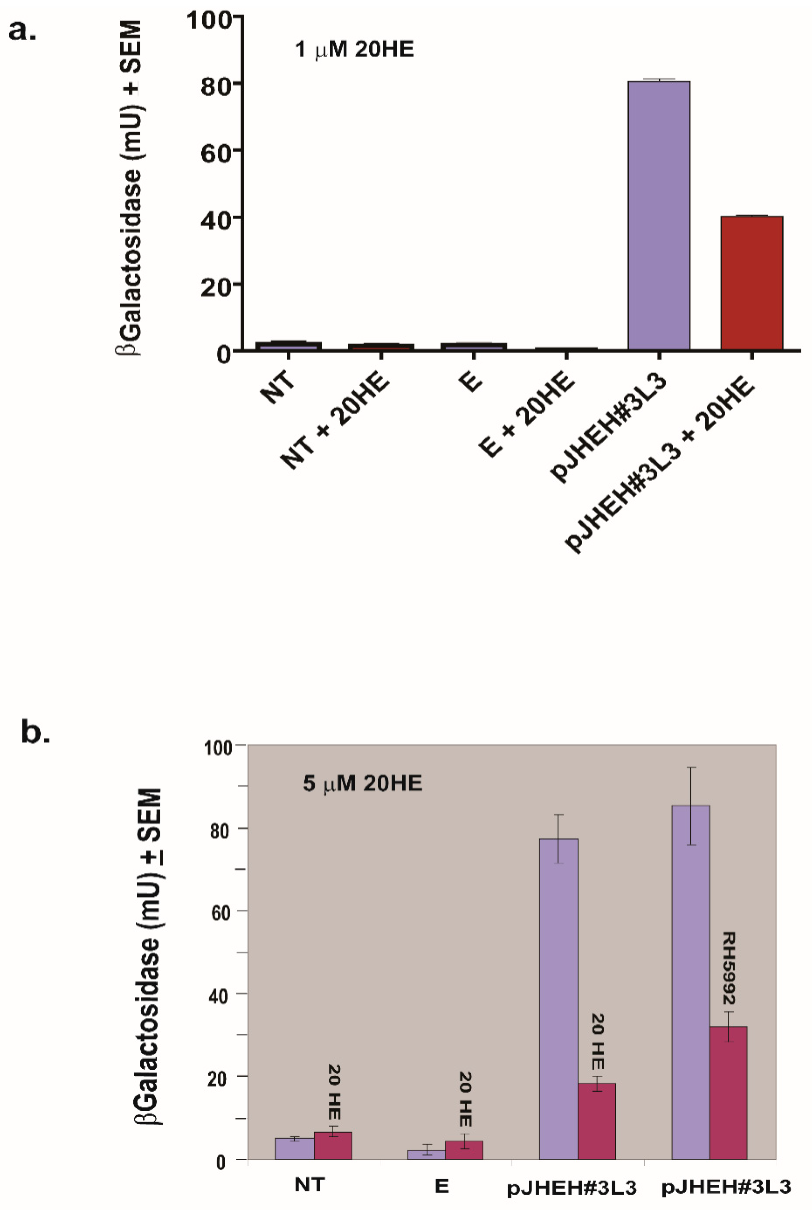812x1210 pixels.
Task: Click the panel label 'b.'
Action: point(35,733)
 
